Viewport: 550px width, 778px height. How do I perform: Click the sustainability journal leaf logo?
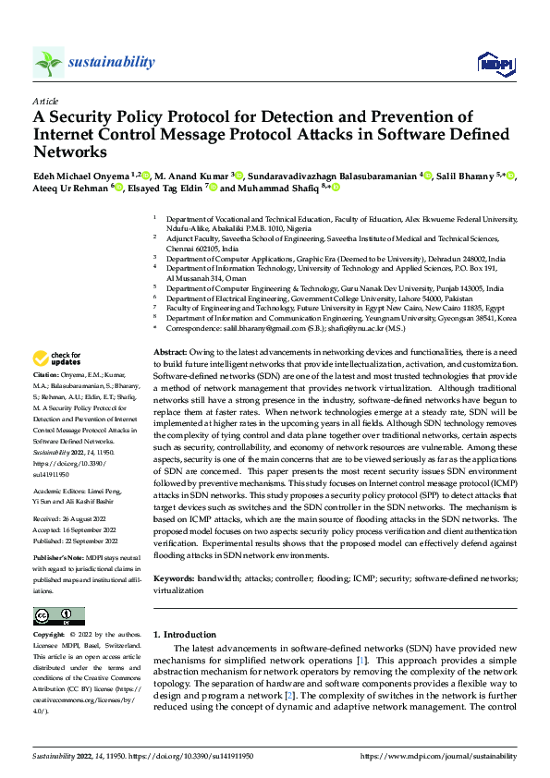[x=48, y=63]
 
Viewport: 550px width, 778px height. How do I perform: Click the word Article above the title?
[x=44, y=101]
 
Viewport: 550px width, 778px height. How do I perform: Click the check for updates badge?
[x=57, y=359]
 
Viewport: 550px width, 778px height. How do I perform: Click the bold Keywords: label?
[x=174, y=577]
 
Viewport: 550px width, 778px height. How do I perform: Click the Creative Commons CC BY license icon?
[x=58, y=616]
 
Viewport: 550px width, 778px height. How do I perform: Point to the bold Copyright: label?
[x=50, y=636]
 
